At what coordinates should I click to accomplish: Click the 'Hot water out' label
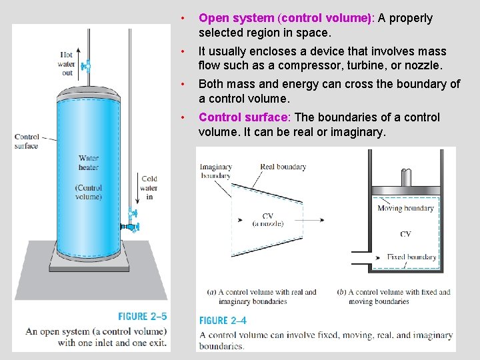pos(67,64)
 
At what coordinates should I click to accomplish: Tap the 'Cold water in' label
pos(149,187)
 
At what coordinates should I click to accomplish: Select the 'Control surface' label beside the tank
pos(27,141)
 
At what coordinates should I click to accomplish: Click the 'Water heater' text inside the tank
pos(88,163)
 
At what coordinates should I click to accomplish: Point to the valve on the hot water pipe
pos(85,65)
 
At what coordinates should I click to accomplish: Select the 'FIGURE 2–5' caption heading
pos(143,317)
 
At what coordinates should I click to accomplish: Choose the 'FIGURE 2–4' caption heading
pos(223,320)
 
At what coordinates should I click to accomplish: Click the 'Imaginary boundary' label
pos(216,171)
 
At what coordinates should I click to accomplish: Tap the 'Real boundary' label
pos(283,167)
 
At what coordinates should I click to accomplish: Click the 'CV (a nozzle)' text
pos(268,219)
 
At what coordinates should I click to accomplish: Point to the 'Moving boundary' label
pos(405,208)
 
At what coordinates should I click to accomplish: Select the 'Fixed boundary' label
pos(411,257)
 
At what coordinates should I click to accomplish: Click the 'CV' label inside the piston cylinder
pos(405,234)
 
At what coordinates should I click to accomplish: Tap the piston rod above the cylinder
pos(405,179)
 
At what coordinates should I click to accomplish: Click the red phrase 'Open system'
pos(236,19)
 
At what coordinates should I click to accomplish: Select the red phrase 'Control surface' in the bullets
pos(243,117)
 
